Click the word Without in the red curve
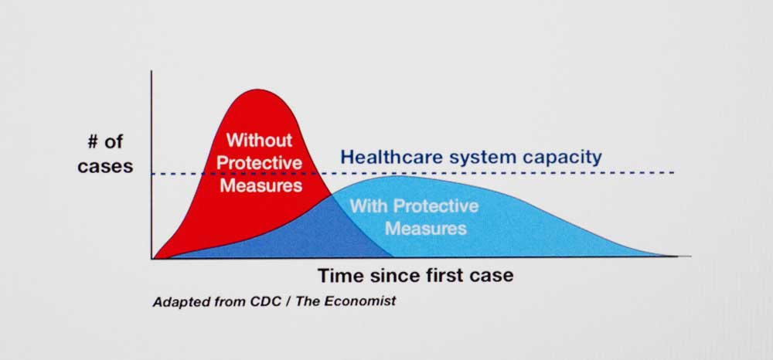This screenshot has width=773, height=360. [x=259, y=140]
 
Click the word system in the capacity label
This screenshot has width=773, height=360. [x=475, y=158]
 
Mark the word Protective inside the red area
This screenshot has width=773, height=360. [x=259, y=162]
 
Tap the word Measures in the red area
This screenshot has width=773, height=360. [x=261, y=185]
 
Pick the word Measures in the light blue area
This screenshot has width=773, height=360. [x=425, y=229]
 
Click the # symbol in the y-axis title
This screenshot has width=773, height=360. [x=93, y=143]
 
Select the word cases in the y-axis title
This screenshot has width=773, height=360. [x=105, y=166]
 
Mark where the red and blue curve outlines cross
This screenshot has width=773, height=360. [x=331, y=195]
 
